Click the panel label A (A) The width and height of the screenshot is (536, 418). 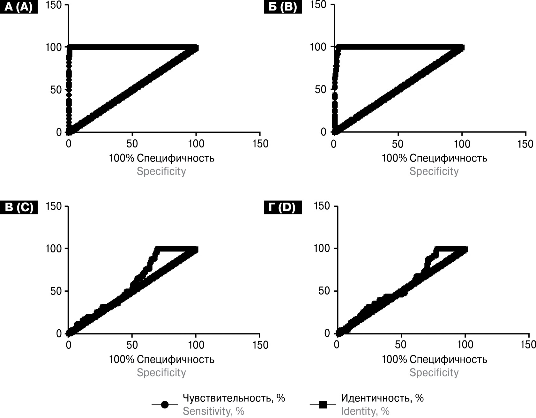click(x=19, y=7)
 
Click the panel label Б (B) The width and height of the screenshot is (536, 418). click(x=283, y=7)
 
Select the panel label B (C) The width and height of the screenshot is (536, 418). click(x=19, y=207)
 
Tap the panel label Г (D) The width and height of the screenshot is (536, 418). click(x=283, y=207)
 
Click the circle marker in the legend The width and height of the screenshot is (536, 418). click(x=165, y=405)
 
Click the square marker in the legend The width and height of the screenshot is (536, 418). click(x=323, y=405)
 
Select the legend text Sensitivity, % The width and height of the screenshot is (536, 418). click(x=213, y=411)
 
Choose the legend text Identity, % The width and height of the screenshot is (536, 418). click(x=365, y=411)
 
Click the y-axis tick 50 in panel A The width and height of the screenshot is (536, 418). click(x=56, y=90)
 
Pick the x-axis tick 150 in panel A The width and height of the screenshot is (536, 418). click(x=260, y=144)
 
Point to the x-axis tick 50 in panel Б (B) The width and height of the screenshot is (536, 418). click(x=398, y=144)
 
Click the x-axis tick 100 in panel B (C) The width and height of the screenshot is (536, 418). click(x=196, y=345)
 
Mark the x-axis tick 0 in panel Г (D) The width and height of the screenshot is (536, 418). click(x=336, y=345)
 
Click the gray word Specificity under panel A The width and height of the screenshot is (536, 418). click(x=161, y=171)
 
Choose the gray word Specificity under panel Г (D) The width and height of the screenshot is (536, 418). click(x=434, y=373)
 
